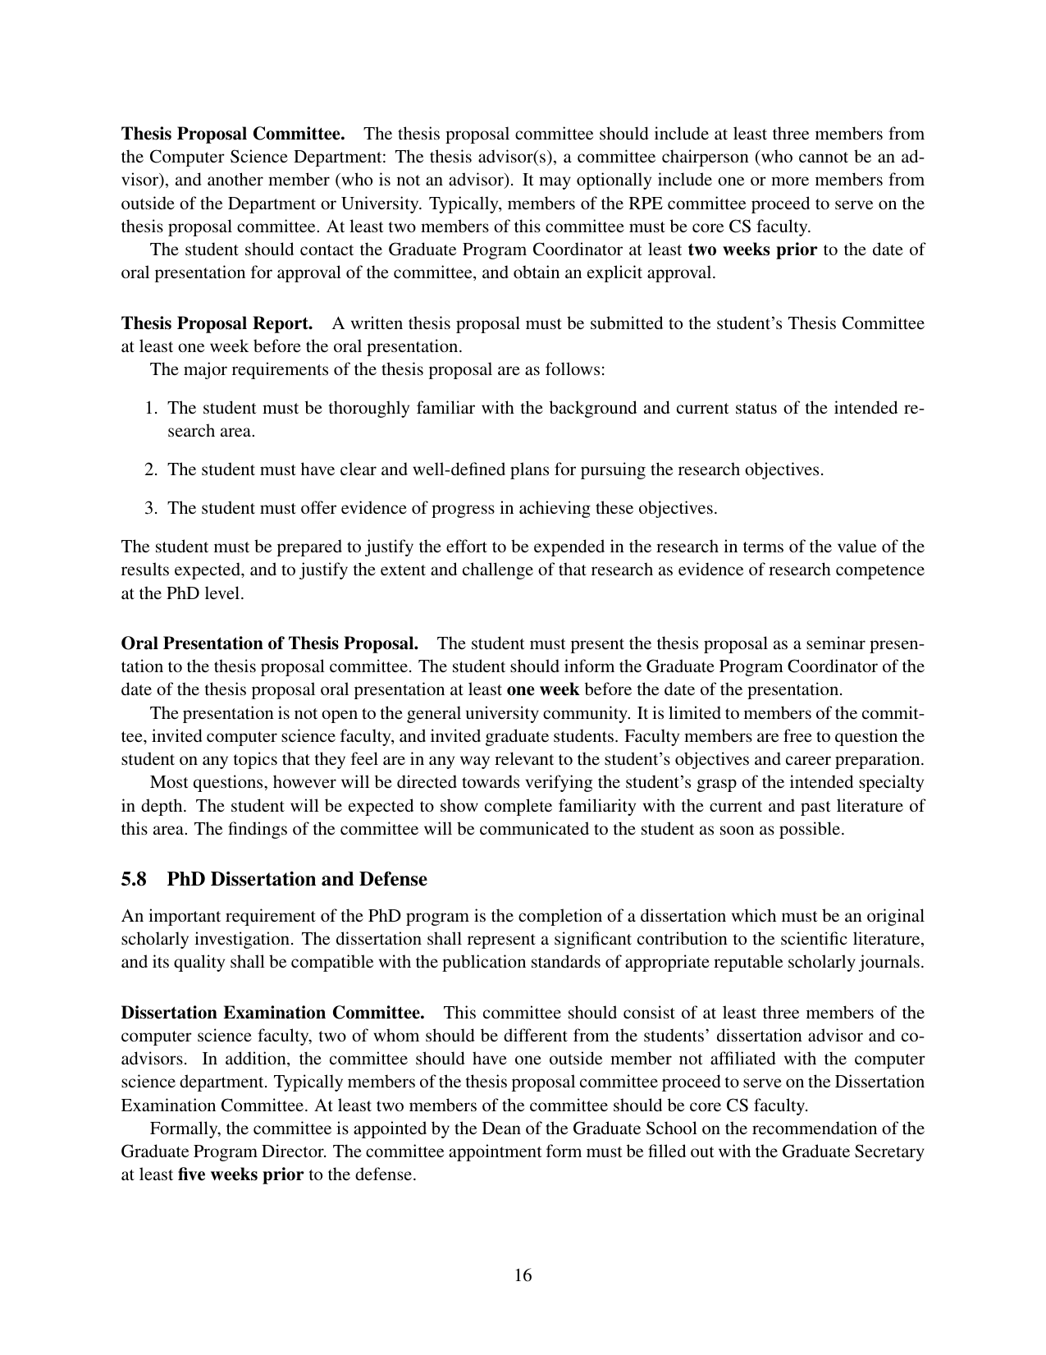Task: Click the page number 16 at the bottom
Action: (523, 1275)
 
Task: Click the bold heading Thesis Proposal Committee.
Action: (233, 134)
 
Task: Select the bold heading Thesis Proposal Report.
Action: (217, 323)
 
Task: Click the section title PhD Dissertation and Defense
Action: (297, 879)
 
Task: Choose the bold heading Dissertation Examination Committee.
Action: (272, 1013)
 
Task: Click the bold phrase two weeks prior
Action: (752, 249)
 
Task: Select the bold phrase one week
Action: (543, 689)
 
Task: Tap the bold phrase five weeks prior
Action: (240, 1174)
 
